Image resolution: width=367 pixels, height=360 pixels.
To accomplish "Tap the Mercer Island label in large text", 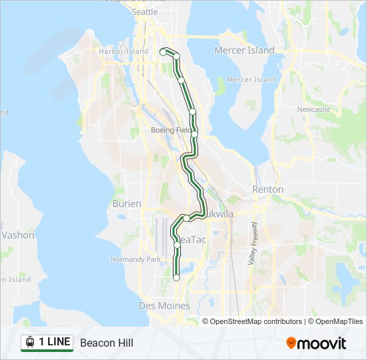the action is (x=244, y=50).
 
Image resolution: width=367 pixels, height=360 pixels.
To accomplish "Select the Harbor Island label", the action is (x=123, y=51).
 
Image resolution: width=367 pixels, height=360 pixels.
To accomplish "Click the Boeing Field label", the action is (x=171, y=130).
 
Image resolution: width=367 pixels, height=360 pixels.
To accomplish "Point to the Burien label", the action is (x=127, y=203).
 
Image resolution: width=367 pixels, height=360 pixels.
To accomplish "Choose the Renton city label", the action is (x=268, y=189).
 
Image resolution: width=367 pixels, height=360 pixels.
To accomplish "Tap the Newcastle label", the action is (x=314, y=109).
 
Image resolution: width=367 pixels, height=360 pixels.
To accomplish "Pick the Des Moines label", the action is (x=164, y=305).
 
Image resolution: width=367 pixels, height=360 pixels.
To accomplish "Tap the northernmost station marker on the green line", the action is (x=163, y=51).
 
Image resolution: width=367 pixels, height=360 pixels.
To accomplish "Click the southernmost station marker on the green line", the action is (x=176, y=278).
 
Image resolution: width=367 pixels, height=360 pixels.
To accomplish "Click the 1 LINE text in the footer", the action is (x=55, y=342).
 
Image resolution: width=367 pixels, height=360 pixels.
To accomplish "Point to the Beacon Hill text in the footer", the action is (x=107, y=343).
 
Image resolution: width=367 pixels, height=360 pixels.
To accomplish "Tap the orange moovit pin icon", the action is (x=291, y=343).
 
